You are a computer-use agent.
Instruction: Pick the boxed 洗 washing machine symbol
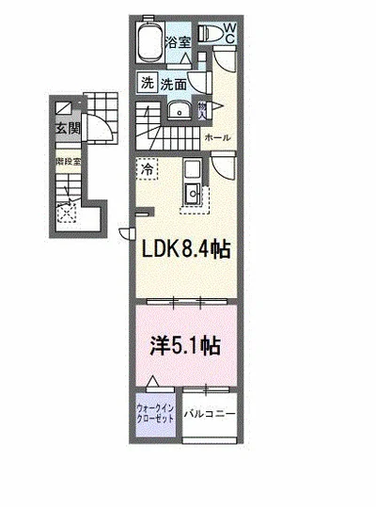[149, 82]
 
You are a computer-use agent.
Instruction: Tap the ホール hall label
[218, 137]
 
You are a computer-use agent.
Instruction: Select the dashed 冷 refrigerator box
[148, 170]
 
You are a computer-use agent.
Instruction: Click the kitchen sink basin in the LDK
[192, 196]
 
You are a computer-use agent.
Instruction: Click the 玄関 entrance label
[67, 129]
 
